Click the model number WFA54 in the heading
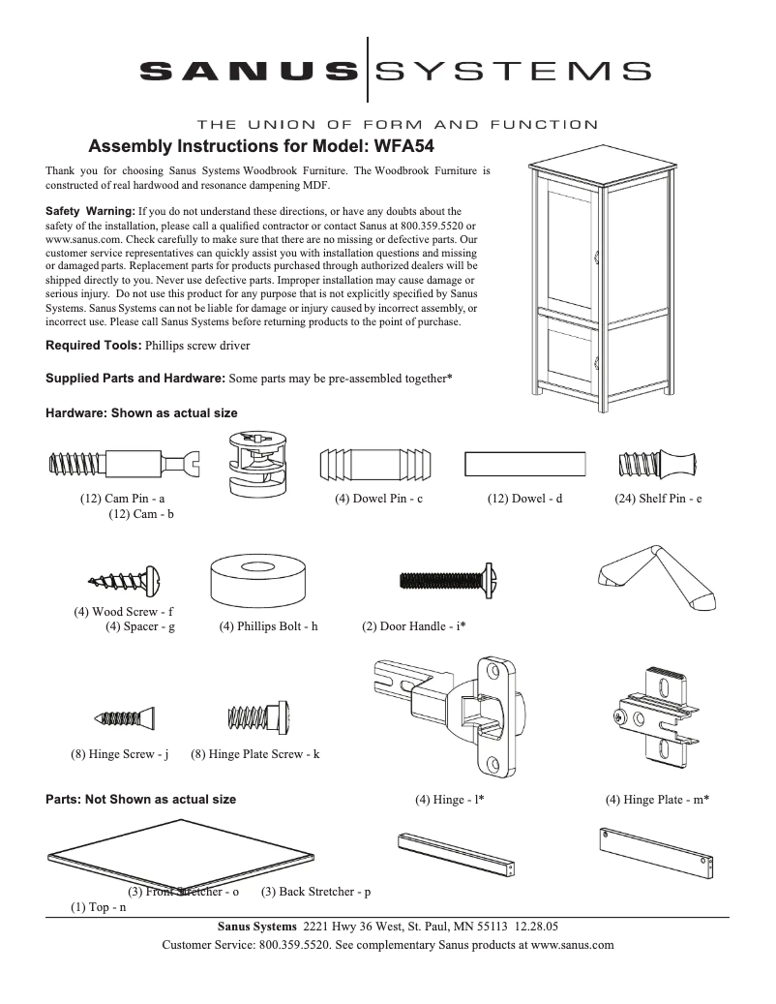pyautogui.click(x=401, y=147)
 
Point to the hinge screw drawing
pyautogui.click(x=125, y=718)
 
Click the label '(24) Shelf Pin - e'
pyautogui.click(x=658, y=500)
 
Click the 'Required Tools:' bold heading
pyautogui.click(x=94, y=345)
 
